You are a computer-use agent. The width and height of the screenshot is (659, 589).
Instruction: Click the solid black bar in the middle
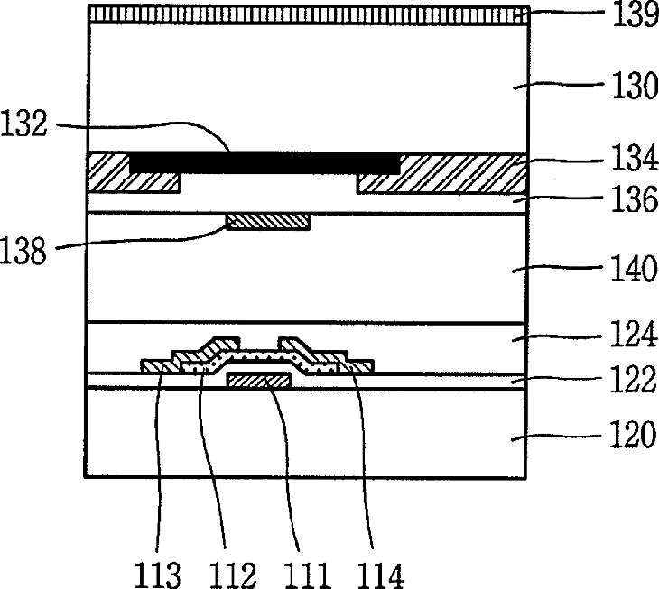coord(265,163)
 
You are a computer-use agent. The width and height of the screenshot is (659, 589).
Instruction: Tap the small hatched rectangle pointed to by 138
coord(268,221)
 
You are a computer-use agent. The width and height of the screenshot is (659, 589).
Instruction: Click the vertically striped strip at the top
coord(307,14)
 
